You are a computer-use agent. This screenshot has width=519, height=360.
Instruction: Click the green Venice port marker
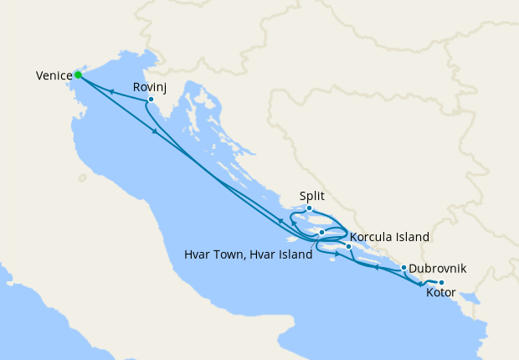(78, 75)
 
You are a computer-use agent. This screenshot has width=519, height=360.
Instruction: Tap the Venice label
(53, 76)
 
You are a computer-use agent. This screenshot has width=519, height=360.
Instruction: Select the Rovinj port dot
(151, 100)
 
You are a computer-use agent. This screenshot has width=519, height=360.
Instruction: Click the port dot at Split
(309, 208)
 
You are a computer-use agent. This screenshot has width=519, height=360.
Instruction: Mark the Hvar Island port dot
(322, 232)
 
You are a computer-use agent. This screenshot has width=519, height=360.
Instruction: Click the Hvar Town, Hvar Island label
(249, 254)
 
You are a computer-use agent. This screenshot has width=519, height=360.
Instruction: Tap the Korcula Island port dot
(349, 246)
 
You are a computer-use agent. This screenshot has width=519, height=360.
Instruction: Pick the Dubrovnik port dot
(404, 269)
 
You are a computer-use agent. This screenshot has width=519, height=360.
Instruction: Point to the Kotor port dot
(441, 282)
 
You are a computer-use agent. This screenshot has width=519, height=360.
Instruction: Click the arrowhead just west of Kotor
(419, 285)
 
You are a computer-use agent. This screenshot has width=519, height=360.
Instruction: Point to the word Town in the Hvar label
(225, 254)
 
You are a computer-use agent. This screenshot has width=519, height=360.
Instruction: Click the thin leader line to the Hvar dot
(315, 243)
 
